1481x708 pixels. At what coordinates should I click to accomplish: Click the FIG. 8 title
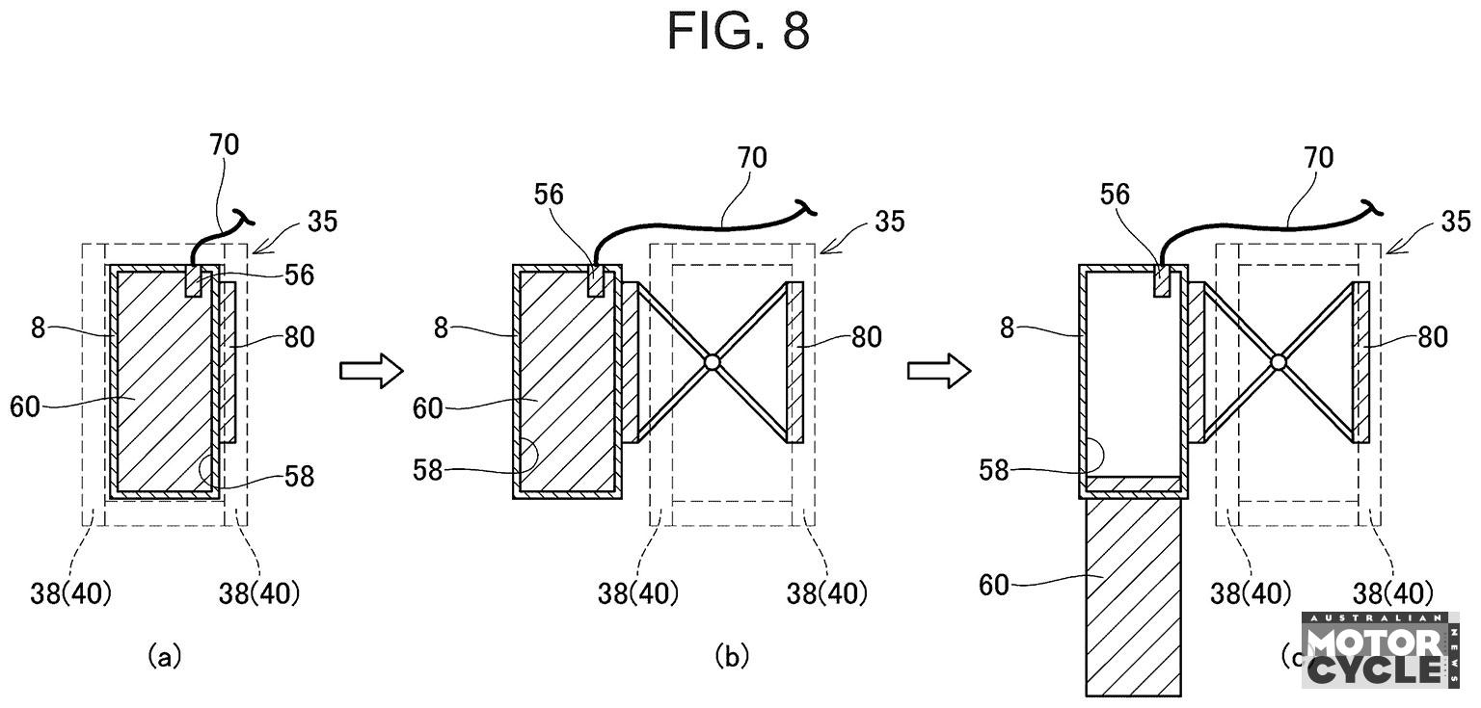[739, 32]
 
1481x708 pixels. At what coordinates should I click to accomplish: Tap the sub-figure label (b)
[731, 657]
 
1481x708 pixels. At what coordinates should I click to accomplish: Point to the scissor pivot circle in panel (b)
[712, 362]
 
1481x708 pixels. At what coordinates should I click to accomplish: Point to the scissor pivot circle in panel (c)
[1279, 362]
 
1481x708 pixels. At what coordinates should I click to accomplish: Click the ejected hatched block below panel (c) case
[1133, 597]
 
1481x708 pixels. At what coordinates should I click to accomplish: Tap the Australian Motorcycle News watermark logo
[1379, 650]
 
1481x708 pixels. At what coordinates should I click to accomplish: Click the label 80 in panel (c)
[1434, 337]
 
